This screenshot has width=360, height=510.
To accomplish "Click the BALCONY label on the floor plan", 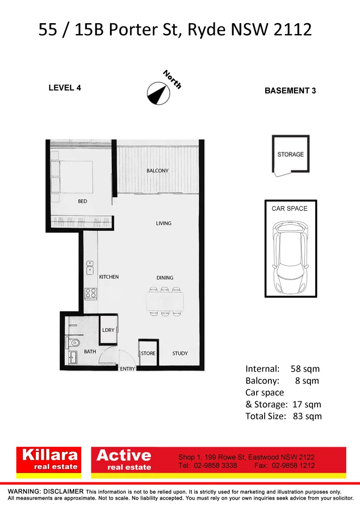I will (157, 170).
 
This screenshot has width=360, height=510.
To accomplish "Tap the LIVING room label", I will (164, 223).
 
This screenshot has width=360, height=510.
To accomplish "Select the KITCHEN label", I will (109, 277).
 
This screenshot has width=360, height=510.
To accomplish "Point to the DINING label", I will (165, 278).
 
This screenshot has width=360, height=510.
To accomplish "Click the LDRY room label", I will (109, 330).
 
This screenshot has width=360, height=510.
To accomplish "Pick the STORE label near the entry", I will (148, 353).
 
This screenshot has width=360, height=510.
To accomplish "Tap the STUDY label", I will (180, 353).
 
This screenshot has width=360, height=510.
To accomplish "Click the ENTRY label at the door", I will (127, 369).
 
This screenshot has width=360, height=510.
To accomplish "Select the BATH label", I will (90, 352).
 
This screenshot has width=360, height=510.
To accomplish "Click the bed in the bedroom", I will (73, 177).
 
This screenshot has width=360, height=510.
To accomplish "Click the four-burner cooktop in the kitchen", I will (91, 293).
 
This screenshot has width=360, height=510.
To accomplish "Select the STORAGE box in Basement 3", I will (290, 154).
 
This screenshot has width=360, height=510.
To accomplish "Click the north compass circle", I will (158, 93).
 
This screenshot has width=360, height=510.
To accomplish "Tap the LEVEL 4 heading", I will (65, 88).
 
